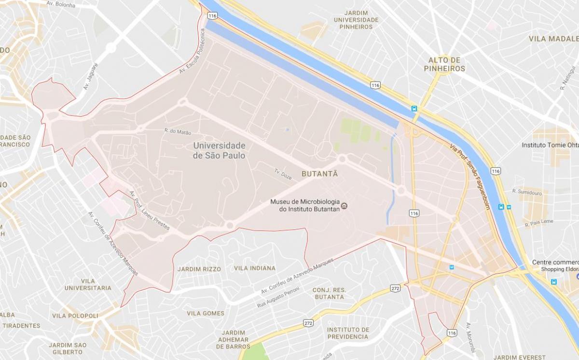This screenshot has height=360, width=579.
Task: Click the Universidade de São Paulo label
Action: click(x=219, y=151)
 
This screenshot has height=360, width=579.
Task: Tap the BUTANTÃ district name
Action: click(x=319, y=174)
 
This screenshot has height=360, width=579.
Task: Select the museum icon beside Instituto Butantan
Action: click(x=344, y=206)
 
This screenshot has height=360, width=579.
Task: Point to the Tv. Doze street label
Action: click(x=283, y=174)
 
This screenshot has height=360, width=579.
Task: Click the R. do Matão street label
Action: click(x=178, y=131)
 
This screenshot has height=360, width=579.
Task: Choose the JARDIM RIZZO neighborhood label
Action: click(x=199, y=269)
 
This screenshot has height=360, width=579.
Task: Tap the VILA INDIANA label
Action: click(x=255, y=268)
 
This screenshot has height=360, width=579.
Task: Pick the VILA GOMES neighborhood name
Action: click(x=206, y=313)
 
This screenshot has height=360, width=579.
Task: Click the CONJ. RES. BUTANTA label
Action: click(x=329, y=293)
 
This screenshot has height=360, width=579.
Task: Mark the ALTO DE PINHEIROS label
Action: click(x=447, y=64)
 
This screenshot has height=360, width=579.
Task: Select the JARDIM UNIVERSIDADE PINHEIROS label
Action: click(x=356, y=20)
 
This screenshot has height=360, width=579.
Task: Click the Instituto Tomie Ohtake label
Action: click(x=550, y=145)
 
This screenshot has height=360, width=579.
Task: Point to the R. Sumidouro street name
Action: click(x=527, y=192)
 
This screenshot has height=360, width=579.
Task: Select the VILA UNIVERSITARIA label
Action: click(x=88, y=284)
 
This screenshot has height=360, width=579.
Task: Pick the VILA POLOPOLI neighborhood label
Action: click(x=75, y=316)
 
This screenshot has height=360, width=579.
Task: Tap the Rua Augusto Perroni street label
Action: click(x=278, y=298)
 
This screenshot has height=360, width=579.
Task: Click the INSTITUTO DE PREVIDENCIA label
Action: click(x=348, y=333)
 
